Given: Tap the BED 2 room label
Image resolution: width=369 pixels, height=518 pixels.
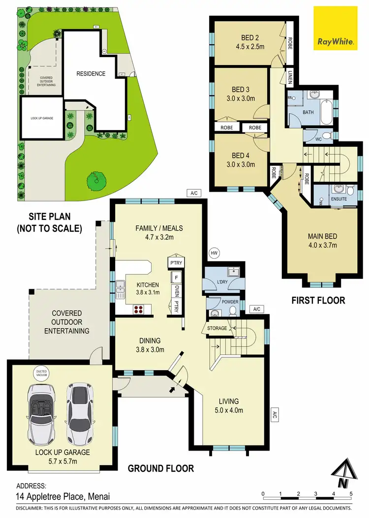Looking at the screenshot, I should pos(250,37).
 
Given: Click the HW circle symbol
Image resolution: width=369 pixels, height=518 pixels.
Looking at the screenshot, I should pos(214,253).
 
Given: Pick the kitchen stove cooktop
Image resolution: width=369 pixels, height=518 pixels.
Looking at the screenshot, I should pos(139,310).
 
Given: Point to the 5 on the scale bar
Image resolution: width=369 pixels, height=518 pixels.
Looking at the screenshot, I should pos(351,493).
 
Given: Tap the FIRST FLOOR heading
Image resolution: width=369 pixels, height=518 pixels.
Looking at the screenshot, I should pos(319,300).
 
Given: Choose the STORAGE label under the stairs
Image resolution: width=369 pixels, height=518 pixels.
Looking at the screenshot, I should pos(217,328).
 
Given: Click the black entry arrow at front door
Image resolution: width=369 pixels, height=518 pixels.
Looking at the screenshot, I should pos(172,389).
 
